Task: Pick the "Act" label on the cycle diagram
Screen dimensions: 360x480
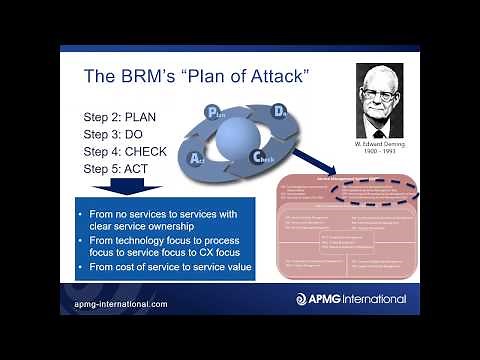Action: [199, 157]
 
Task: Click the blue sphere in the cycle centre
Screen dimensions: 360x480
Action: [240, 136]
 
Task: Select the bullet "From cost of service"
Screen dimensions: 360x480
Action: [166, 269]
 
